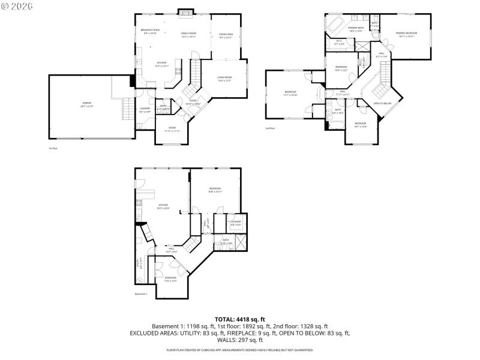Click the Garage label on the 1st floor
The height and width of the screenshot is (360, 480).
click(x=87, y=104)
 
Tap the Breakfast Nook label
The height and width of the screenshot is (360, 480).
click(x=150, y=30)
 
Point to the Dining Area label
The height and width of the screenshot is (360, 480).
click(x=226, y=35)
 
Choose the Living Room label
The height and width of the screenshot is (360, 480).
click(x=224, y=78)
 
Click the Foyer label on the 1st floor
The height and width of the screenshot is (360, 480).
click(x=193, y=101)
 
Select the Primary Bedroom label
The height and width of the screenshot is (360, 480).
click(x=406, y=34)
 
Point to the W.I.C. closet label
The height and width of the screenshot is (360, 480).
click(x=339, y=42)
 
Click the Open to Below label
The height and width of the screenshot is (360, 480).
click(x=382, y=103)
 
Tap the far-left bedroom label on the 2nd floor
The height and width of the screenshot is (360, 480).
click(x=290, y=92)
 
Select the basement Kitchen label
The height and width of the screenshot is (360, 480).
click(x=163, y=206)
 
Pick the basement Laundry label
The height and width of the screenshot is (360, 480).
click(x=236, y=223)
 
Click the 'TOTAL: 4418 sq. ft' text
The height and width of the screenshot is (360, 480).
click(x=239, y=319)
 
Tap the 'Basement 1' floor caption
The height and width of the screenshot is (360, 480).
click(x=141, y=294)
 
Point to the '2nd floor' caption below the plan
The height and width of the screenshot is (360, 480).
click(x=270, y=128)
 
